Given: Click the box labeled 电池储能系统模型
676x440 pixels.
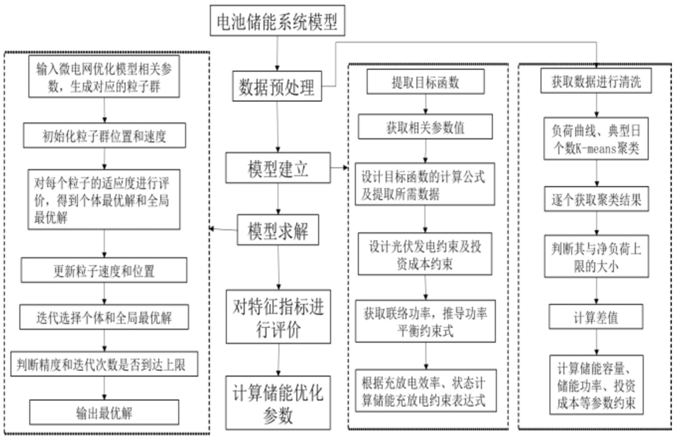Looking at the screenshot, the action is point(277,20).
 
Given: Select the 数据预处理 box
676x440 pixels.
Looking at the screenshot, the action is point(277,87).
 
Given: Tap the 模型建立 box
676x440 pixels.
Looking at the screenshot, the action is point(278,168).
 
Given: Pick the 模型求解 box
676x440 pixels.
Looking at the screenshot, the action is point(278,230).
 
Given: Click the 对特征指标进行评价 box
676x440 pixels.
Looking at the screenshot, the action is point(279,316).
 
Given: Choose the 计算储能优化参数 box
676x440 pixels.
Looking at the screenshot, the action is point(278,403).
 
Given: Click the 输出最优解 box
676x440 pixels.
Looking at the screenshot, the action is point(104,412).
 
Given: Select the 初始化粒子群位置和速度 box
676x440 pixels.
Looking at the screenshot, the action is point(104,135).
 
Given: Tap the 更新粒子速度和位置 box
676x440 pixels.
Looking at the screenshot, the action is point(104,270).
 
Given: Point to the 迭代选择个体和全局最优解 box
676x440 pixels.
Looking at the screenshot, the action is point(104,317).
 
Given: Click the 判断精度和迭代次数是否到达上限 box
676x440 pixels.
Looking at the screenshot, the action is point(104,364).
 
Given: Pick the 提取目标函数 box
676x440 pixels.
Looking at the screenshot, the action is point(425,82).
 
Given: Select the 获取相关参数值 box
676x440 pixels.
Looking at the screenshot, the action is point(425,127).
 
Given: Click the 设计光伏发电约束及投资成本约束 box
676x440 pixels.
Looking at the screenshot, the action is point(425,254).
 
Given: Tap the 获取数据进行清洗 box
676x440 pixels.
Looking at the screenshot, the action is point(596,81).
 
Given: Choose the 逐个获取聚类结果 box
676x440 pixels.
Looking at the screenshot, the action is point(596,199).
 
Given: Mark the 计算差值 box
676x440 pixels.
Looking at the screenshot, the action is point(596,316).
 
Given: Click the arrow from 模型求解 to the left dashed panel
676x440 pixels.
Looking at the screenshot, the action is point(223,229).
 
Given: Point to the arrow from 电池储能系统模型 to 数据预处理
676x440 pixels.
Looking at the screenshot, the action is point(277,54).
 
